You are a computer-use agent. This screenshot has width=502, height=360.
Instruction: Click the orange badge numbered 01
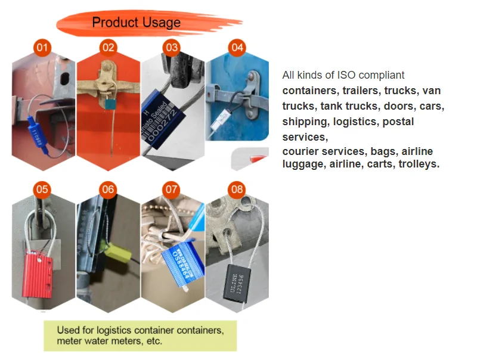(42, 47)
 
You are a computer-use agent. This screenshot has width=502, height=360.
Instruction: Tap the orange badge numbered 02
(108, 47)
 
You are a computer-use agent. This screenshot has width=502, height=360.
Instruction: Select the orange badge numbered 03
(172, 47)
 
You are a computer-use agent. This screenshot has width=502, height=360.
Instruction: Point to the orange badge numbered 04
(237, 47)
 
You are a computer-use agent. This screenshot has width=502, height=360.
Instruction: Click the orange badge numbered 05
(42, 190)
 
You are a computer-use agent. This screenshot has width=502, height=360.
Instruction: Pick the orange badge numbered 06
(107, 190)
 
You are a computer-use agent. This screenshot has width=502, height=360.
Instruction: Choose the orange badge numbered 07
(172, 190)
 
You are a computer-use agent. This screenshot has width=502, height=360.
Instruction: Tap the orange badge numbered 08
(237, 190)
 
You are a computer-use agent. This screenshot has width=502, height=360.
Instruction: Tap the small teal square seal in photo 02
(109, 104)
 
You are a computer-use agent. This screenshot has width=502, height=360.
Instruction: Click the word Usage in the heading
(160, 23)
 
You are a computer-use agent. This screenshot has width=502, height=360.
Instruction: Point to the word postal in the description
(398, 122)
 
